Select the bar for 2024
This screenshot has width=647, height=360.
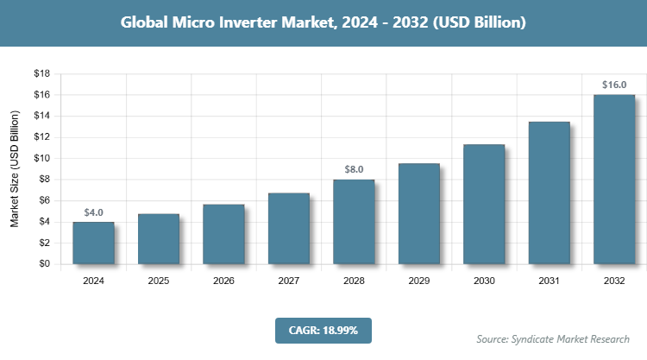tap(93, 243)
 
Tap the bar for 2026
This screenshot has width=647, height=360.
tap(223, 234)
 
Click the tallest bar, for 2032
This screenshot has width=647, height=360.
tap(614, 179)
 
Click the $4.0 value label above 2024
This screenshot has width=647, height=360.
tap(93, 212)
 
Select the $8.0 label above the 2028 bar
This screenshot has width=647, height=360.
tap(354, 170)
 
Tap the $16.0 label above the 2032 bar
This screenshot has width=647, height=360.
tap(614, 85)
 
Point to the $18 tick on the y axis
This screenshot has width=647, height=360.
tap(41, 73)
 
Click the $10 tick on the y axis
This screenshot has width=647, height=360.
tap(41, 158)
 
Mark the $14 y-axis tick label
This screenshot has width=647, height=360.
tap(41, 116)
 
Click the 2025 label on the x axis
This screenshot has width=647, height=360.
tap(159, 281)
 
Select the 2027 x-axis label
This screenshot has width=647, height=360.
tap(289, 281)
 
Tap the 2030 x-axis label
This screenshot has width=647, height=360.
tap(484, 281)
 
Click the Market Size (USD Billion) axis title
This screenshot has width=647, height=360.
tap(15, 169)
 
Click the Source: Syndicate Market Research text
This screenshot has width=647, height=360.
tap(553, 338)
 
